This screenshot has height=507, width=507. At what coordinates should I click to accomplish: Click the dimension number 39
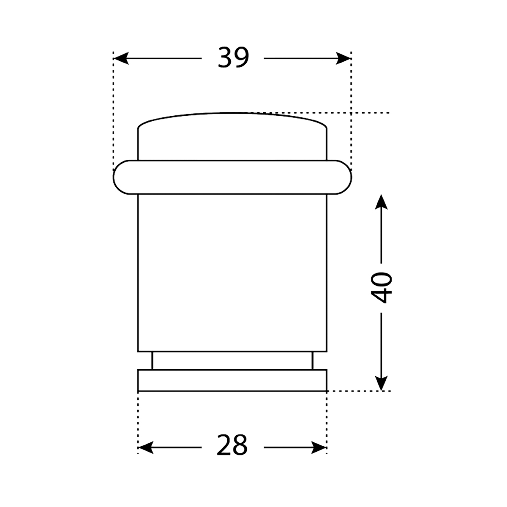tap(233, 57)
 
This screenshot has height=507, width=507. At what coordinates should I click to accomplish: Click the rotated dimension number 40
tap(381, 288)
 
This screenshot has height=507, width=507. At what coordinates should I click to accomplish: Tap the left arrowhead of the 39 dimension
tap(121, 58)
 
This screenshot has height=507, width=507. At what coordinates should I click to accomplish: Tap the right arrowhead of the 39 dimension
tap(343, 58)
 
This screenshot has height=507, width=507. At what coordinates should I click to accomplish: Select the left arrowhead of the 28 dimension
tap(145, 447)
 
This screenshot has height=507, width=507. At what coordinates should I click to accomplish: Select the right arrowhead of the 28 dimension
tap(319, 447)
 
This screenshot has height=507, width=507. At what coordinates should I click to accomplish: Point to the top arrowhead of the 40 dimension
tap(381, 202)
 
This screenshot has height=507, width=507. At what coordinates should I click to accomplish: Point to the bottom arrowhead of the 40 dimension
tap(381, 383)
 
